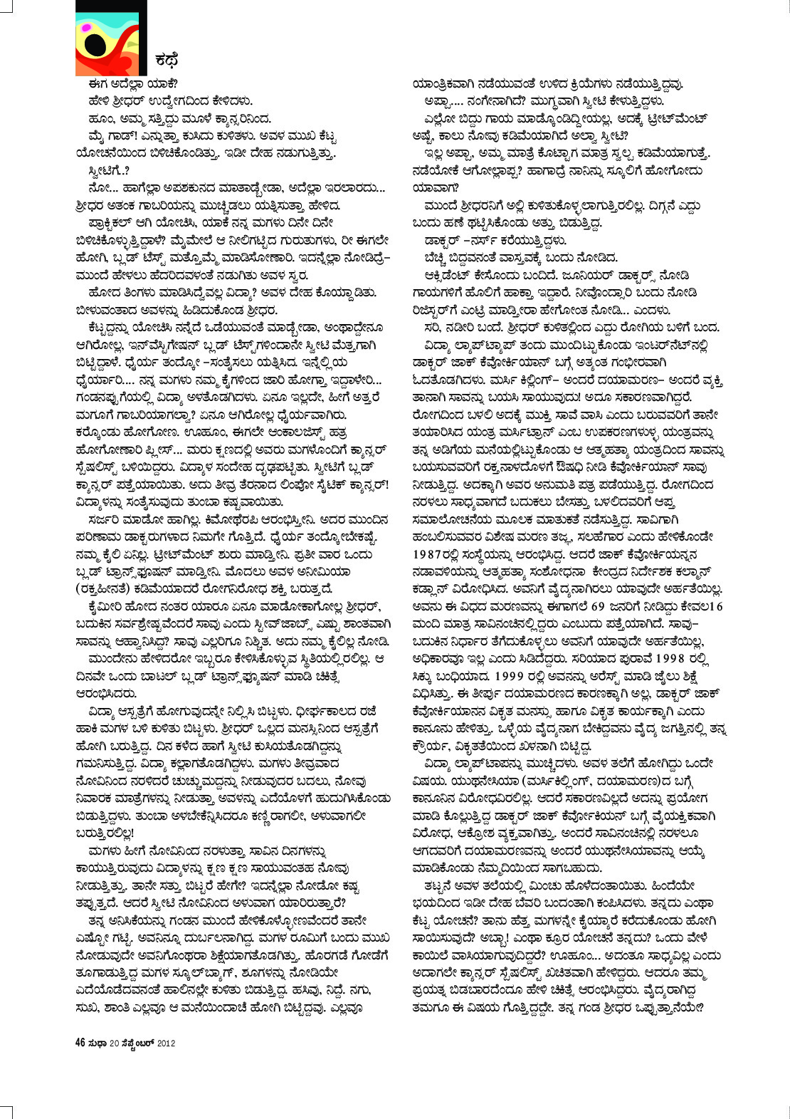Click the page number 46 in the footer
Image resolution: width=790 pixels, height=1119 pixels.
tap(80, 1043)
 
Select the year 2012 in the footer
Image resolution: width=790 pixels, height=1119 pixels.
tap(167, 1043)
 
